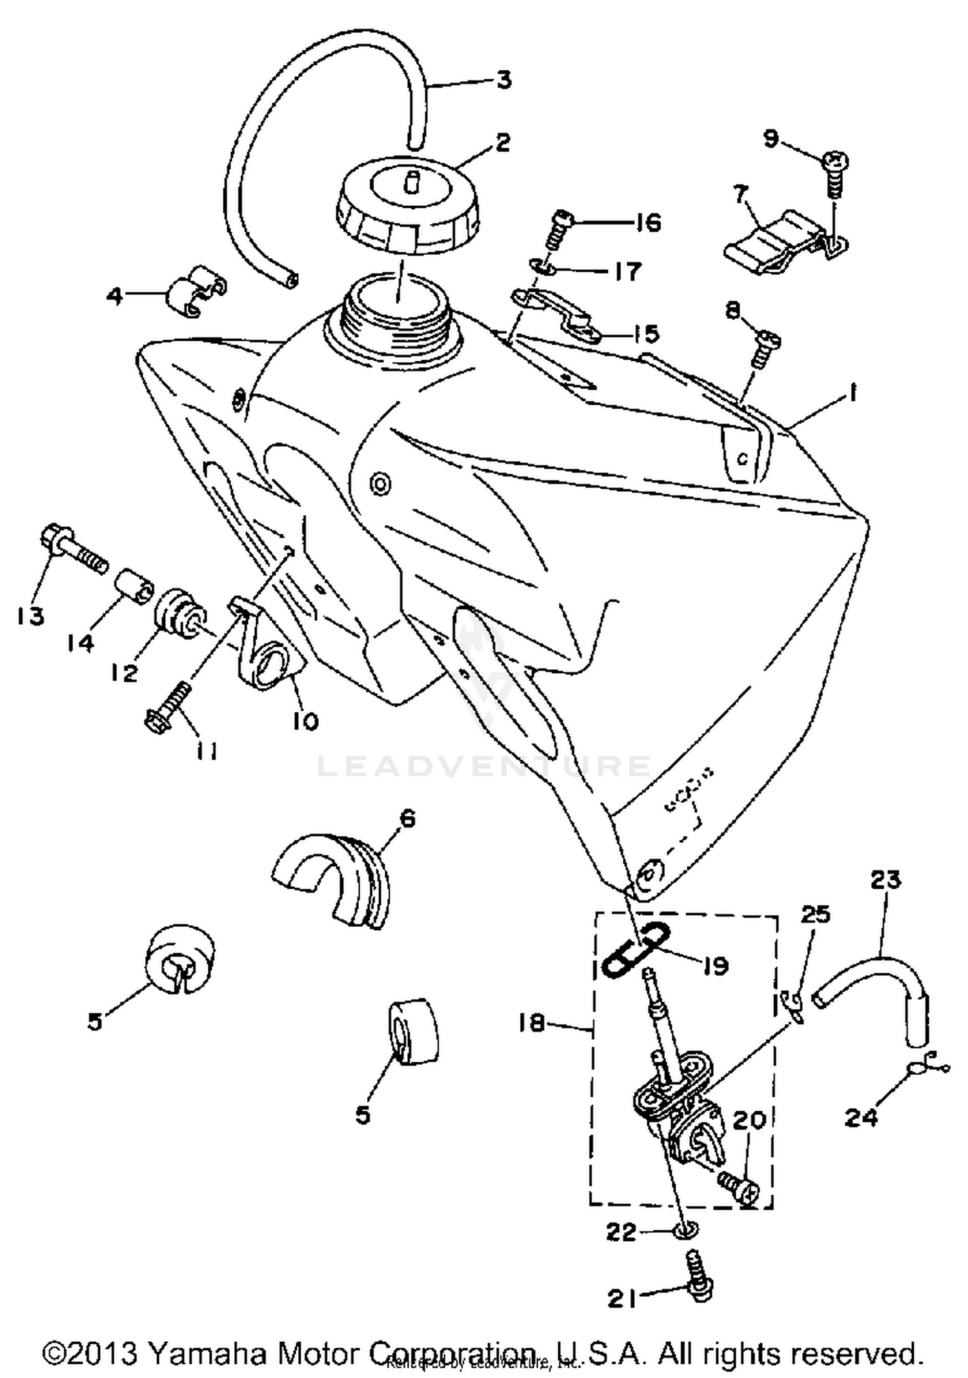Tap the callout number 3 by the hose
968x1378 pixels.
tap(503, 80)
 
